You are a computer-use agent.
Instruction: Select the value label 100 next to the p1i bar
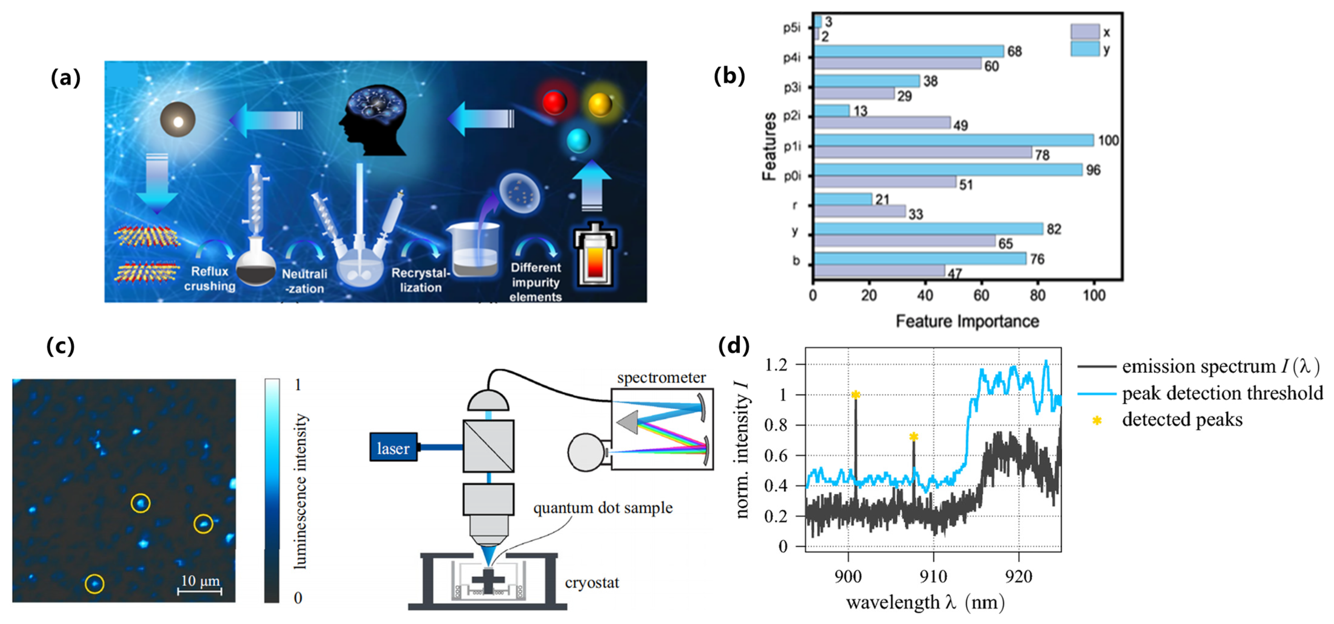tap(1108, 140)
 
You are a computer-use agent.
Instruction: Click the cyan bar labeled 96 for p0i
tap(948, 170)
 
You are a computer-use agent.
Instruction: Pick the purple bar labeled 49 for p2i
tap(882, 123)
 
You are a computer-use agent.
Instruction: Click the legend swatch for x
tap(1085, 32)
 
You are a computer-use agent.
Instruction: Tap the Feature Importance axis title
tap(967, 321)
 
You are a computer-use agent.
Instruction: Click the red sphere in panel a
tap(554, 102)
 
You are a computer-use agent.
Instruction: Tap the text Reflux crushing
tap(210, 279)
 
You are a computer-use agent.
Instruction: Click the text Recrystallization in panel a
tap(421, 280)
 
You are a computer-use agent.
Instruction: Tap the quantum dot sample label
tap(603, 508)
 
